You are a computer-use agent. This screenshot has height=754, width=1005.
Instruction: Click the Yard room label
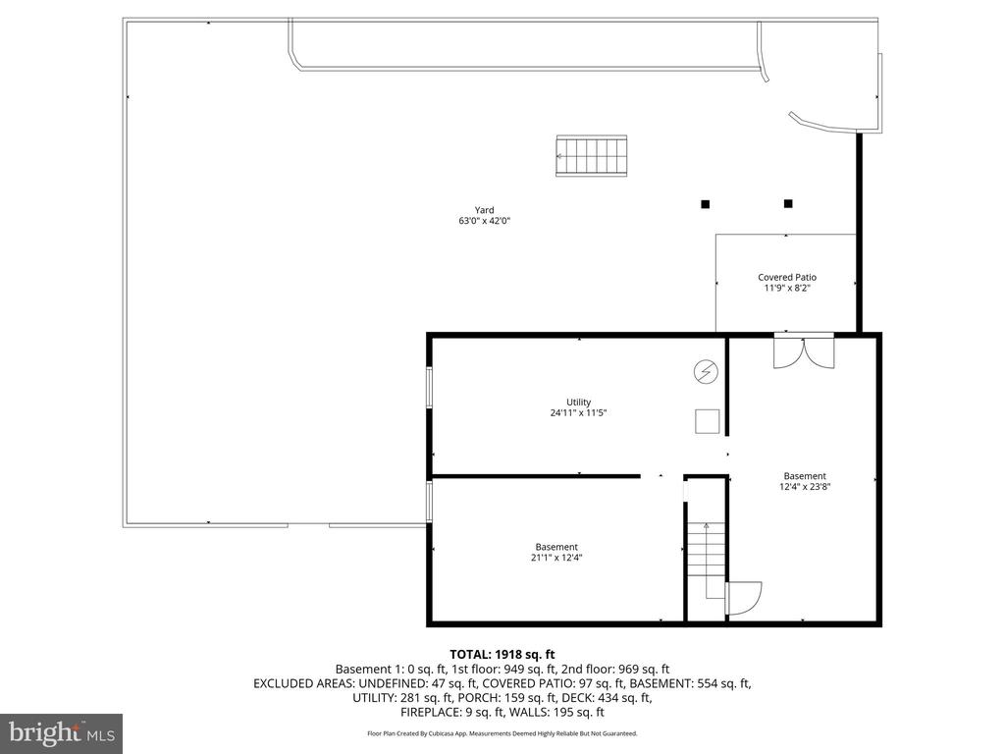coord(484,209)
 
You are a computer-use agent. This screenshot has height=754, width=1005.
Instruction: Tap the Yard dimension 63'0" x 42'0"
coord(484,221)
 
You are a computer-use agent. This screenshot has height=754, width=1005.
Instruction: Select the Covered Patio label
coord(786,277)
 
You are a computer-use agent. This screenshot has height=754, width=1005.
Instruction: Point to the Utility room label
coord(578,402)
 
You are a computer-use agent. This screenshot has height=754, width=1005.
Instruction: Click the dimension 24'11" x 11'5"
coord(578,413)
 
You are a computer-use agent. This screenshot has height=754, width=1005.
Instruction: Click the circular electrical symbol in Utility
coord(705,371)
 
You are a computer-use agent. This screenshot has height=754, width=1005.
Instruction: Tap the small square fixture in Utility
coord(707,421)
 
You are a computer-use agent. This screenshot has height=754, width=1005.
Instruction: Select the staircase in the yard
coord(592,156)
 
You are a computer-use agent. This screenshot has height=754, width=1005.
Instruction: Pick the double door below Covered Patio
coord(804,350)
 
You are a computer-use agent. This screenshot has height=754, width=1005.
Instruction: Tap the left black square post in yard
coord(705,204)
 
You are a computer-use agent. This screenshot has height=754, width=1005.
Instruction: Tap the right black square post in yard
coord(788,204)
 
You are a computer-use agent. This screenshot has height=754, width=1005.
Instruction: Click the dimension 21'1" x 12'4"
coord(556,559)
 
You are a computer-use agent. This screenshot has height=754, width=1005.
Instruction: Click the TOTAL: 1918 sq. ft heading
coord(502,653)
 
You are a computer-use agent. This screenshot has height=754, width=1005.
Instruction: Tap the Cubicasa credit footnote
coord(502,733)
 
